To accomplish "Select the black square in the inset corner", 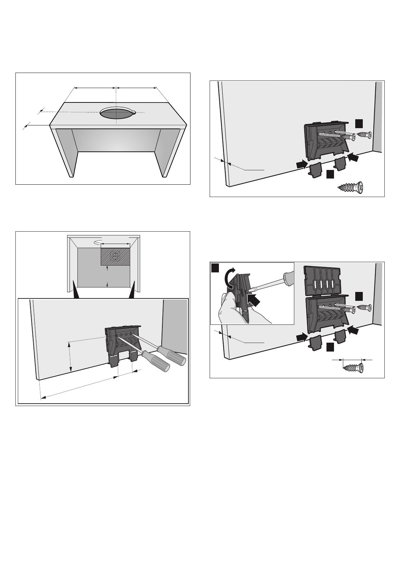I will [215, 268].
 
